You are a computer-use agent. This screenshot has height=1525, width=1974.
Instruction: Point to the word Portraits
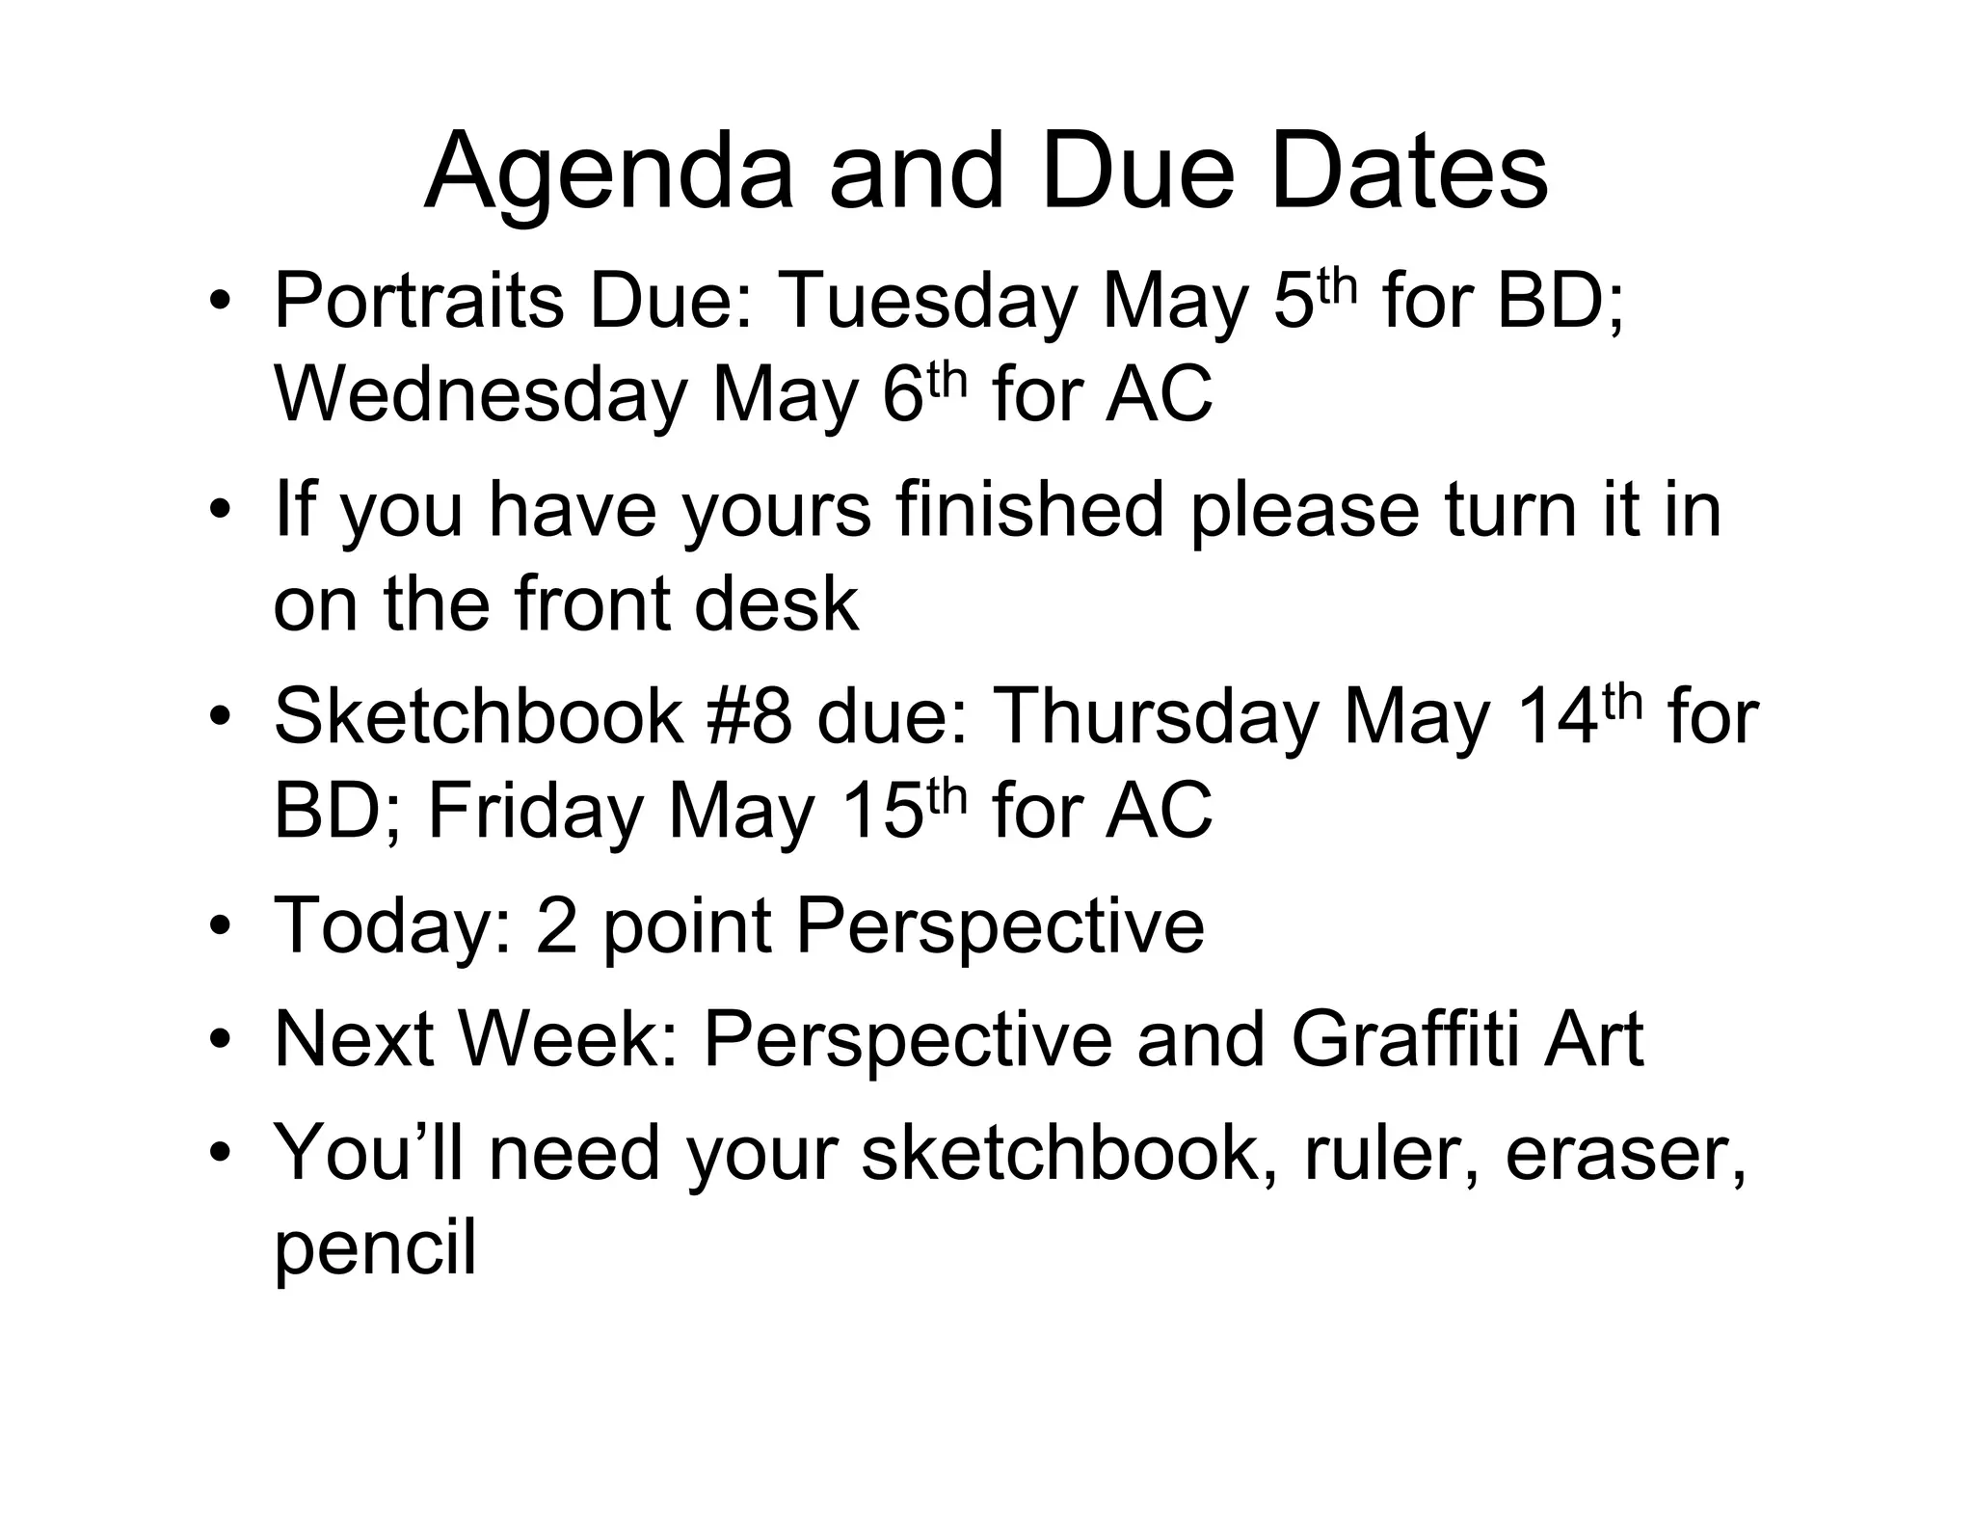pos(418,302)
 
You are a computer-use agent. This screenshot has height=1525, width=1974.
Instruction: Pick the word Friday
pos(535,811)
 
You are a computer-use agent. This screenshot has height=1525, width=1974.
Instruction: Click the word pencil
pos(375,1248)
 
